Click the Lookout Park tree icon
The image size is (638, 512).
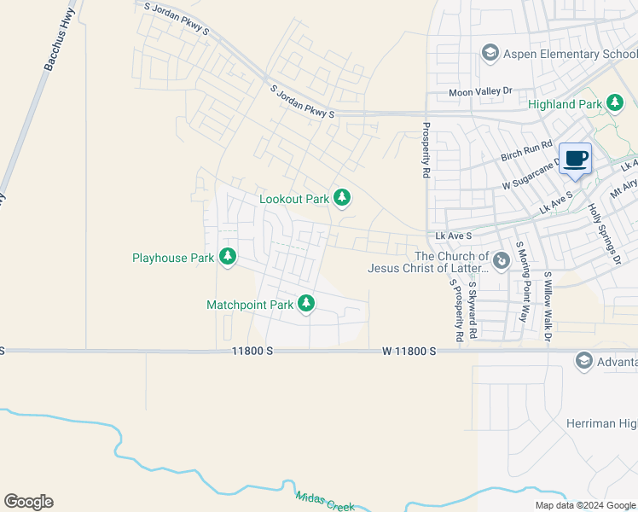(x=342, y=198)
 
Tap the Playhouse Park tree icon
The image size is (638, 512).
(x=228, y=256)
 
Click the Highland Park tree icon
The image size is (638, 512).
(x=614, y=104)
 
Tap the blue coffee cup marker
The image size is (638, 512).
(x=577, y=158)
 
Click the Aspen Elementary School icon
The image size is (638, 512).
(x=490, y=54)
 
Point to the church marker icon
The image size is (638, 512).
(x=502, y=257)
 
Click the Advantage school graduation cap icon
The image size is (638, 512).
(x=584, y=360)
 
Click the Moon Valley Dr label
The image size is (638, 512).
(x=480, y=92)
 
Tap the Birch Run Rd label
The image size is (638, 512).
(x=527, y=152)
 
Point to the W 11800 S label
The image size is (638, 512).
(x=409, y=351)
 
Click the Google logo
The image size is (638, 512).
(x=28, y=502)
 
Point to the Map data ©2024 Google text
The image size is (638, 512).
(x=584, y=505)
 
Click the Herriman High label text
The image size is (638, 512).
(x=601, y=423)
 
